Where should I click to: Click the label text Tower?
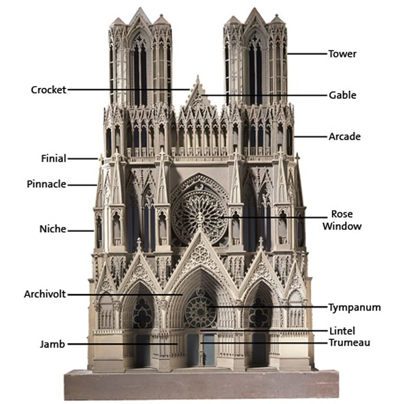[x=342, y=54]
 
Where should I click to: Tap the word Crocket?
[x=48, y=89]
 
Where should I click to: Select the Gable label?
[x=342, y=95]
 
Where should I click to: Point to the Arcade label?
[x=344, y=136]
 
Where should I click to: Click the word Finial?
[x=53, y=159]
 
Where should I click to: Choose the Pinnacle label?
[x=46, y=184]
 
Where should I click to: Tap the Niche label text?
[x=53, y=229]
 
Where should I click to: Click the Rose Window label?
[x=341, y=220]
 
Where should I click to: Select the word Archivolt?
[x=44, y=294]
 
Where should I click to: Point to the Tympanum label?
[x=354, y=307]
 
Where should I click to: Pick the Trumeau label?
[x=349, y=343]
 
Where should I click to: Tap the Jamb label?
[x=52, y=344]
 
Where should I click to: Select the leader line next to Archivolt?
[x=124, y=294]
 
